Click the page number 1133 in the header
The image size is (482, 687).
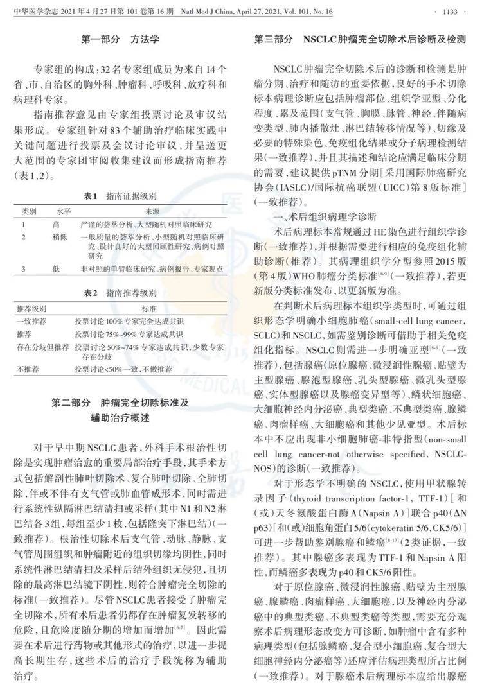point(463,10)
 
